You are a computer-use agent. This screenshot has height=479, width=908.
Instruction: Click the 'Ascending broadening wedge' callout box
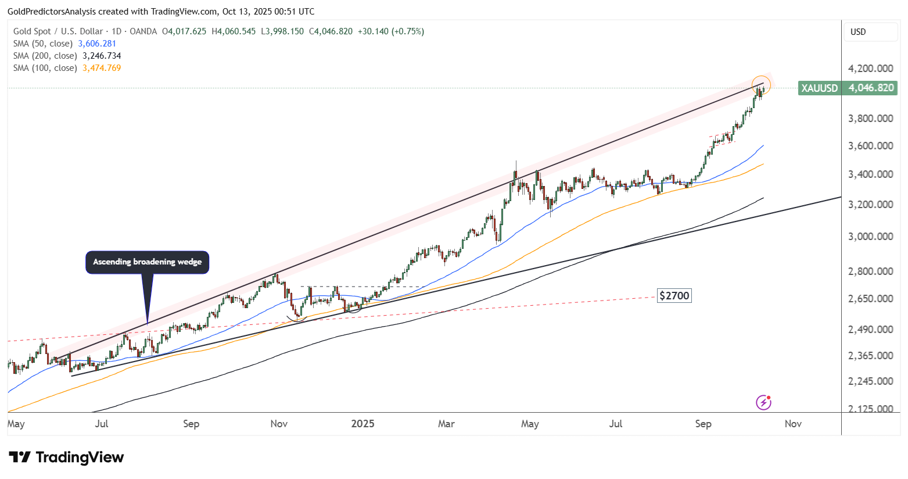coord(147,262)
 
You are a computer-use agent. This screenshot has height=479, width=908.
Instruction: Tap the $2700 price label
coord(674,296)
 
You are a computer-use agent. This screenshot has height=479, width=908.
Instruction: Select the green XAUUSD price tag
coord(848,88)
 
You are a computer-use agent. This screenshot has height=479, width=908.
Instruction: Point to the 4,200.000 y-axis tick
coord(870,69)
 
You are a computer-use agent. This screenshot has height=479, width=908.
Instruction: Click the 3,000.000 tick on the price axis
coord(870,237)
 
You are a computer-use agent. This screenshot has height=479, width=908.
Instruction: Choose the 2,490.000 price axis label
coord(870,330)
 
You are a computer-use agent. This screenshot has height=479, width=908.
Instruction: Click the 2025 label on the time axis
coord(363,424)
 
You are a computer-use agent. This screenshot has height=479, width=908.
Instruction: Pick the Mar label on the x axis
coord(446,424)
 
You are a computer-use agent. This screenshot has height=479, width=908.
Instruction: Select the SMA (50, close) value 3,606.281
coord(97,44)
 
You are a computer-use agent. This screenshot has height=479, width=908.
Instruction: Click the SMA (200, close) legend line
coord(67,56)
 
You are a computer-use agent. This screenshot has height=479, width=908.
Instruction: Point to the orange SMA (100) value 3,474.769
coord(102,68)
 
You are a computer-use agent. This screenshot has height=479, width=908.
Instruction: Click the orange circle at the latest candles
coord(760,85)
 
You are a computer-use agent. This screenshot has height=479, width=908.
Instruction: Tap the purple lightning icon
coord(763,402)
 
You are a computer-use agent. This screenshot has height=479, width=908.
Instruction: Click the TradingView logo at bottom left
coord(66,457)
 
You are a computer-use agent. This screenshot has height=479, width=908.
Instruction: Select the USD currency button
coord(858,32)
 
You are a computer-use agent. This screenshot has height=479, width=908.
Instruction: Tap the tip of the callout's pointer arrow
coord(148,323)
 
